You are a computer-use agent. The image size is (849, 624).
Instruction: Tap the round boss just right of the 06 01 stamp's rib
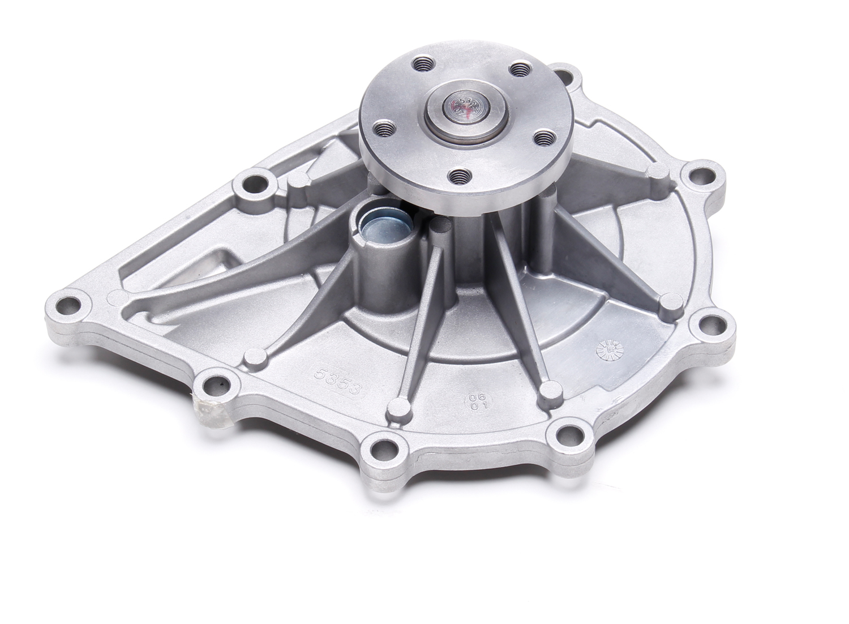pos(548,388)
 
